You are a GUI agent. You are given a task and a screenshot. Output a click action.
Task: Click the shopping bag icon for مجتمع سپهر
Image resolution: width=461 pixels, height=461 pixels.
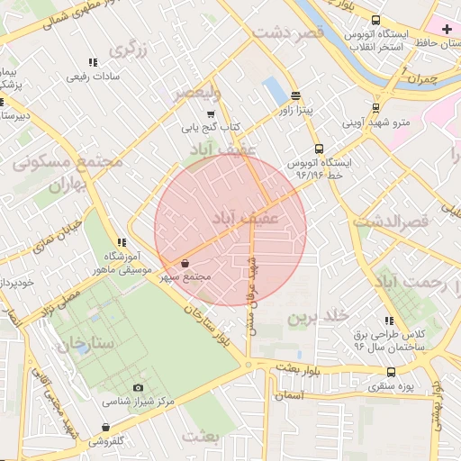185,263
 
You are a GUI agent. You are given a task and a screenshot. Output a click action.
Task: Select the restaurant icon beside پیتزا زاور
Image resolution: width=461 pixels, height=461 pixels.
296,95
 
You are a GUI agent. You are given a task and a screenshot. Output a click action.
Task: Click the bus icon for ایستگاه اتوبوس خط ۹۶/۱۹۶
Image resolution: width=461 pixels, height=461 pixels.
318,149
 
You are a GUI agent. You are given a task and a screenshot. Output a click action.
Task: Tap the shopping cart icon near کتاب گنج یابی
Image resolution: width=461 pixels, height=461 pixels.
211,114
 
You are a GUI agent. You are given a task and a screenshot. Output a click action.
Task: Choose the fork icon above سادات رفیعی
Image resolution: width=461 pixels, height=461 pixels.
92,63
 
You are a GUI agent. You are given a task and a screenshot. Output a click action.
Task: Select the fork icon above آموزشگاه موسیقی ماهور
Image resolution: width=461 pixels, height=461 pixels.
122,243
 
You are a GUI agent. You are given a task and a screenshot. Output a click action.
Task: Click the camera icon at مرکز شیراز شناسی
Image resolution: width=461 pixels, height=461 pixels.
138,387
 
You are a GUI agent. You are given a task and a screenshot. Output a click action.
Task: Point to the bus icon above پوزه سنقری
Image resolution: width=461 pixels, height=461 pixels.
391,372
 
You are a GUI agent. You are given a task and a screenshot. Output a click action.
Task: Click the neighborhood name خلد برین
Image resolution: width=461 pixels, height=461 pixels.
318,317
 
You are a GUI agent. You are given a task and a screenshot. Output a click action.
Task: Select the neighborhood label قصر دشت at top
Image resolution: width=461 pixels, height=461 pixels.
287,32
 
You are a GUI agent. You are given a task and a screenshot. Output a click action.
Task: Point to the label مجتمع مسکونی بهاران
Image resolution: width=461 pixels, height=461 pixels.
68,173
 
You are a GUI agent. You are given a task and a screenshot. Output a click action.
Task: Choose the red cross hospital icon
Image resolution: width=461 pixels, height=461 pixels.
447,30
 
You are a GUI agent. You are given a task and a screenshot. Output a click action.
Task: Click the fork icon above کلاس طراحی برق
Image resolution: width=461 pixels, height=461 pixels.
390,320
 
